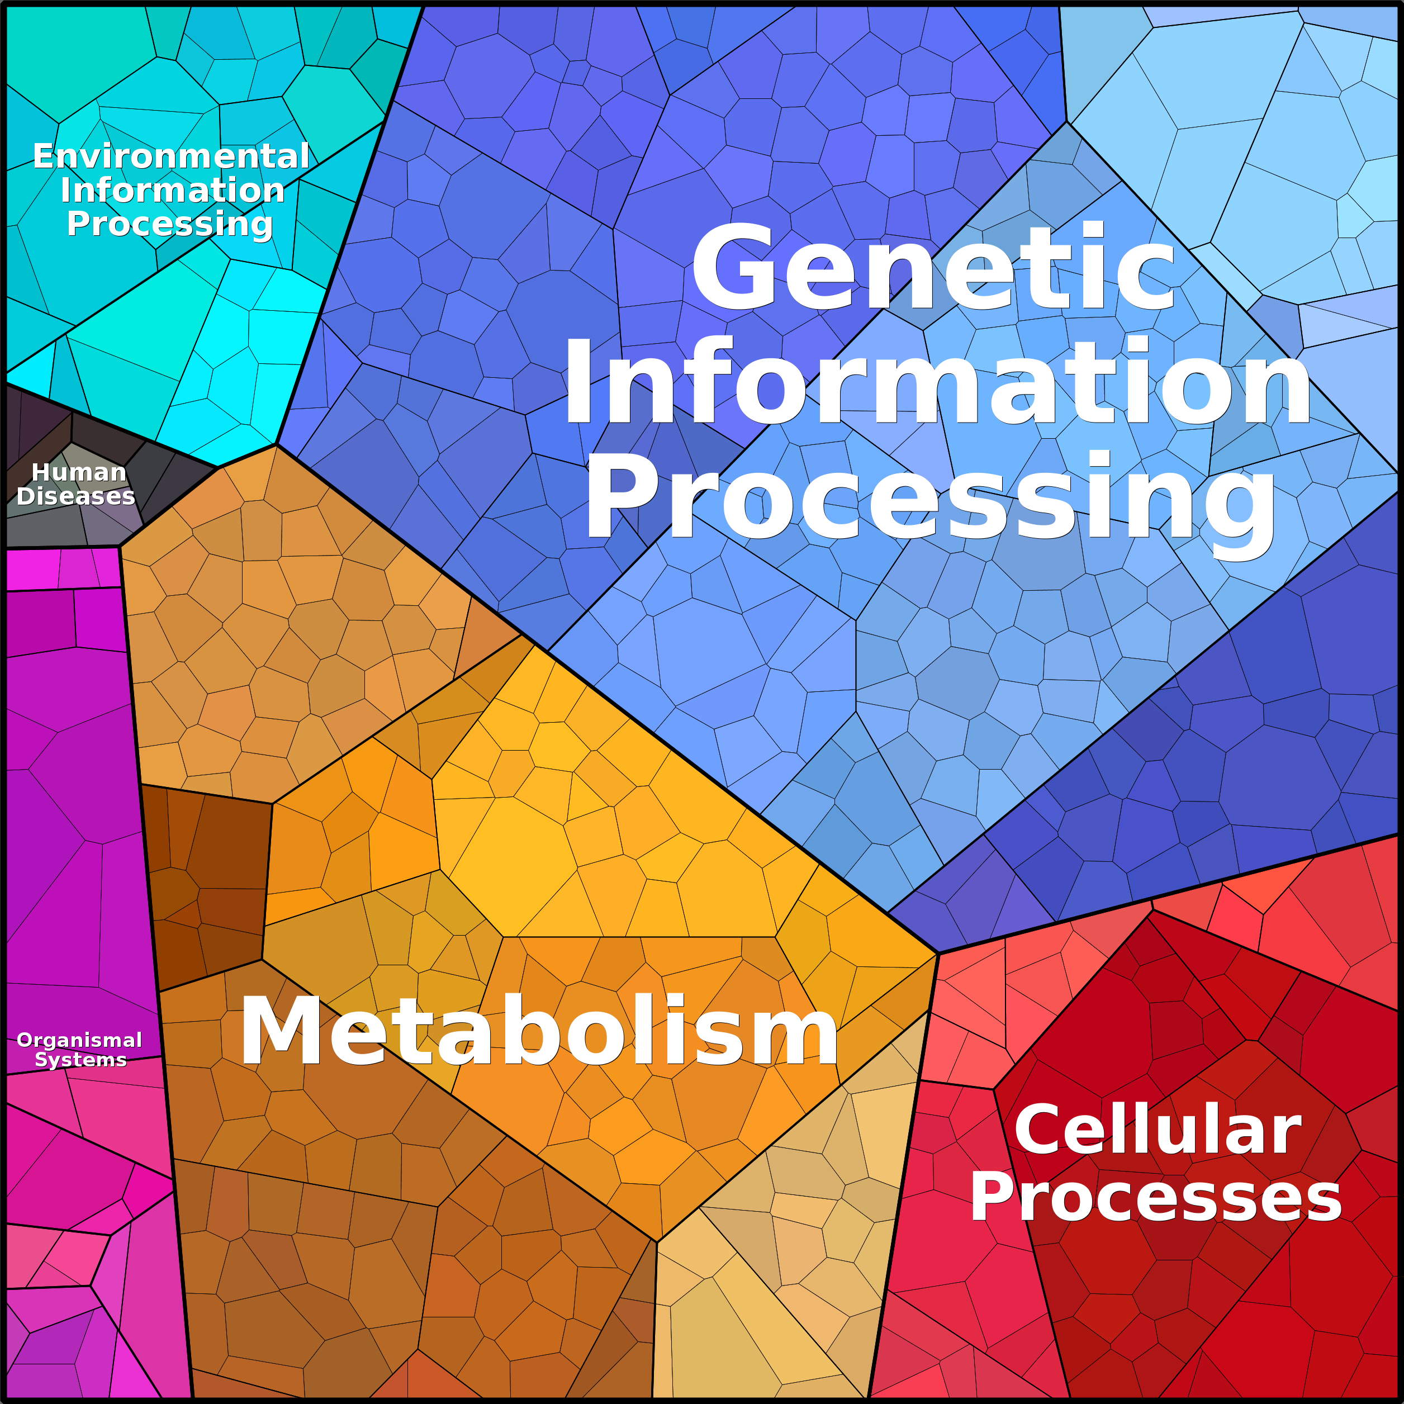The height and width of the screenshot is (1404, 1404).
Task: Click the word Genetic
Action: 933,267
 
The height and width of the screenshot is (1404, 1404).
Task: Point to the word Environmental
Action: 172,156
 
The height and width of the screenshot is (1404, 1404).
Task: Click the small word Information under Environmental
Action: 173,191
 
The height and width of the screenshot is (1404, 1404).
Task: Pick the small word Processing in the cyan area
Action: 170,224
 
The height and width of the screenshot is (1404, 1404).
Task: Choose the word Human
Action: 79,472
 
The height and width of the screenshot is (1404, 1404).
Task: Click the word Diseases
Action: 75,496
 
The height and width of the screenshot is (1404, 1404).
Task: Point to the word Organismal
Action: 79,1041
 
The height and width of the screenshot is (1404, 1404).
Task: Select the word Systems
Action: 80,1060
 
